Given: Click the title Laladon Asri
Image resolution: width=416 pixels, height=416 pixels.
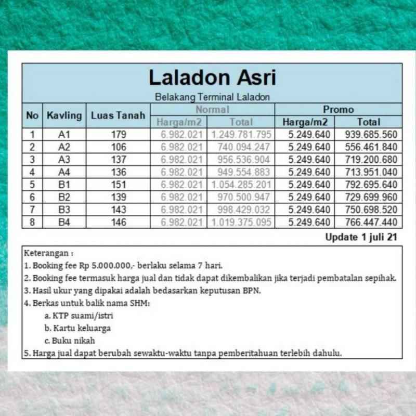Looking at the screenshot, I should tap(212, 78).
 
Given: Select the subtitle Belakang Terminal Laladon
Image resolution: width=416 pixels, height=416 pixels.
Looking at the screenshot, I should tap(212, 97).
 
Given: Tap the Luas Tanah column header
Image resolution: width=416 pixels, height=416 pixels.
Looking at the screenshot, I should tap(118, 115).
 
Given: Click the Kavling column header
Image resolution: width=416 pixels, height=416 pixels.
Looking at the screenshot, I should tap(64, 115).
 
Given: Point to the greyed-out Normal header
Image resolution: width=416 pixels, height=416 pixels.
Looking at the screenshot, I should tap(212, 110).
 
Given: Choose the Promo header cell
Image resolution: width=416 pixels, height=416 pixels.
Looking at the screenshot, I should tap(338, 110).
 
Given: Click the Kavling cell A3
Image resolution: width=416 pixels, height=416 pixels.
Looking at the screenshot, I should tap(64, 160).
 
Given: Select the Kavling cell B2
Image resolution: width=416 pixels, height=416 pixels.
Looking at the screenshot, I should tap(64, 197).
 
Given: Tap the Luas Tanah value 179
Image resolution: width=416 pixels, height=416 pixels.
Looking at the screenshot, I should tap(118, 135).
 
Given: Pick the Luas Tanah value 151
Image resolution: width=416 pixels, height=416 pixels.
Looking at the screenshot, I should tap(118, 185).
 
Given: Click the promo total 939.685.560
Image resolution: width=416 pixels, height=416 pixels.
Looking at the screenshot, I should tap(371, 135).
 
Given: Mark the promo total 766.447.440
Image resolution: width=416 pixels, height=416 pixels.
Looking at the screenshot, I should tap(371, 222).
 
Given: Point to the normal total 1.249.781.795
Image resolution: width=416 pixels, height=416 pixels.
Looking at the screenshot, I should tap(241, 135).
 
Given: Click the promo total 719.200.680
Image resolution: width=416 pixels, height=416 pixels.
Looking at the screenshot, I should tap(371, 160).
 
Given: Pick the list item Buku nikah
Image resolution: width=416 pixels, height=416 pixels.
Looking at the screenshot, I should tap(73, 341).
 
